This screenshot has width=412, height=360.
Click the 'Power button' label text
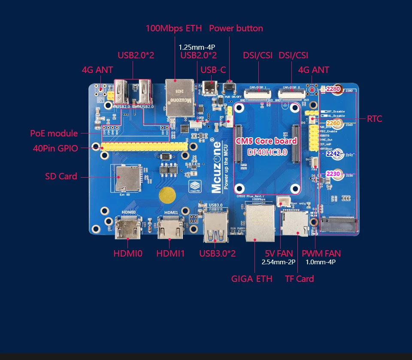tap(236, 28)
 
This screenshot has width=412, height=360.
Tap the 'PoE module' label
tap(54, 133)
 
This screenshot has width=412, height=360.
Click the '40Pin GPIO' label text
tap(55, 148)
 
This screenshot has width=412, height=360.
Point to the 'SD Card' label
tap(61, 176)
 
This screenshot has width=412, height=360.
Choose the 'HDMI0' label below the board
tap(127, 254)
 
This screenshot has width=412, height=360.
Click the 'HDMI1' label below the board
tap(170, 254)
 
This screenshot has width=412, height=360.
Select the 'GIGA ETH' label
tap(251, 279)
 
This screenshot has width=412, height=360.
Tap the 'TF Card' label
tap(299, 279)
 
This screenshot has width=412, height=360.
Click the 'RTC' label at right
tap(374, 119)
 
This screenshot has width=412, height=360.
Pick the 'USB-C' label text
tap(213, 70)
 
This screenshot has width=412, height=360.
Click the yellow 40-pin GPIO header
tap(144, 147)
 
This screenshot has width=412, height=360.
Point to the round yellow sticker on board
tap(167, 197)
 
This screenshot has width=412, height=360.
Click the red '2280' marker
tap(333, 89)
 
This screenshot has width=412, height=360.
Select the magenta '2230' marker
tap(333, 174)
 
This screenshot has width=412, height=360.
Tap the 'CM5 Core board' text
tap(267, 141)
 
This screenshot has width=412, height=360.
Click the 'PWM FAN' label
tap(321, 254)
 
